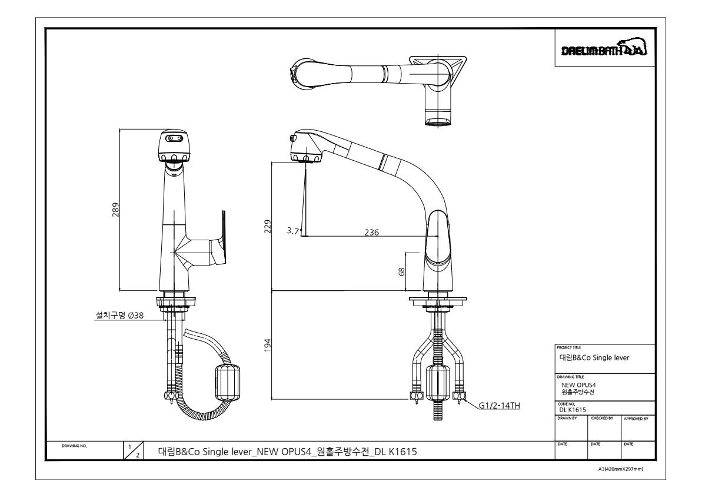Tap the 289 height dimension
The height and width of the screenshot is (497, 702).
tap(115, 210)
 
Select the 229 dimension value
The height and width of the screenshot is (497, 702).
tap(268, 226)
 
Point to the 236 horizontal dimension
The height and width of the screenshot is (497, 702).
tap(371, 232)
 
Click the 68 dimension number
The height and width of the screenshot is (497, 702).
tap(401, 271)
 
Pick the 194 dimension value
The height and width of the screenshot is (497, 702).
tap(268, 344)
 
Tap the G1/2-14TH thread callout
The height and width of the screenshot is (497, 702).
tap(499, 406)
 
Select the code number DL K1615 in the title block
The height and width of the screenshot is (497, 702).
tap(573, 410)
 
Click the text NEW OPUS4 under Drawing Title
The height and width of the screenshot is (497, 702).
tap(579, 385)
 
